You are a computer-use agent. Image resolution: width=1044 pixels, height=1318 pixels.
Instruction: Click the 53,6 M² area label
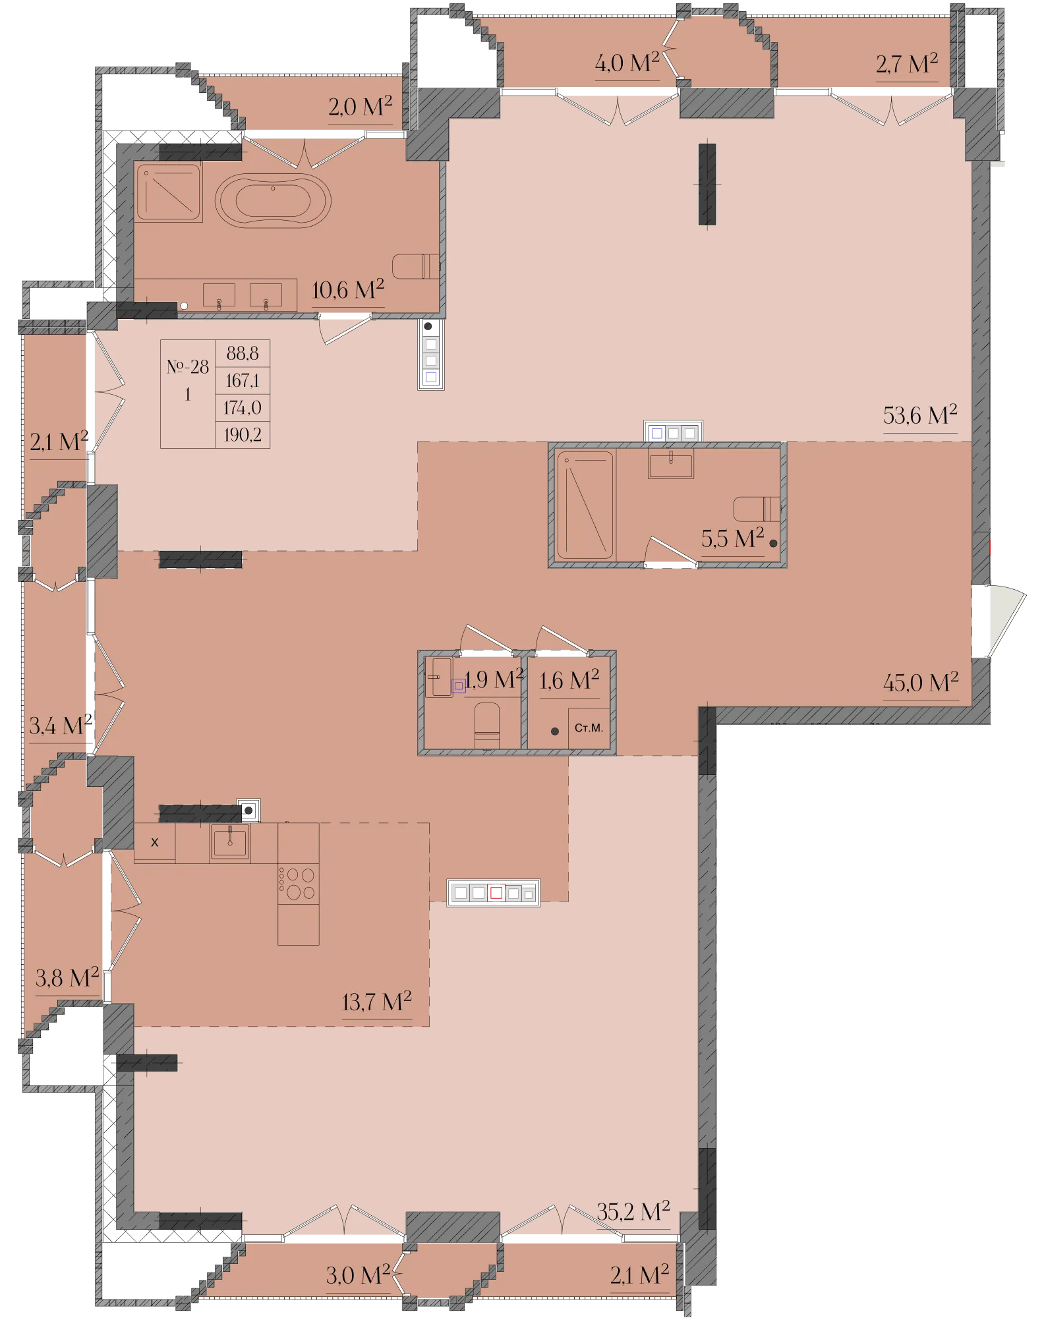click(920, 416)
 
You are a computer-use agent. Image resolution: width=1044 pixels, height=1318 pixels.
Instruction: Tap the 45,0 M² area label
click(921, 683)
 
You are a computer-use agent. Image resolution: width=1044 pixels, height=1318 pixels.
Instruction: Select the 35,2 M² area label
click(633, 1211)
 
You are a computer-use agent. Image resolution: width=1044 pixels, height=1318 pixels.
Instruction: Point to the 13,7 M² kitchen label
click(376, 1002)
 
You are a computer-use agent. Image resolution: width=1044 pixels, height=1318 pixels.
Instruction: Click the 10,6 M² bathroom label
click(348, 289)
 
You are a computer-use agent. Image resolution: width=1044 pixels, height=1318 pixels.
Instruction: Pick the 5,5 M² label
click(732, 538)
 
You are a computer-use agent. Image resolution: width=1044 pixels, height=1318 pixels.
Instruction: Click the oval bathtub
click(273, 200)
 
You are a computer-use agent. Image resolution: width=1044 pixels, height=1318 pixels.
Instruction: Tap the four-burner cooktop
click(299, 884)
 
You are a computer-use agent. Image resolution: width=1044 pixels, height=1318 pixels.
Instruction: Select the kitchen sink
click(230, 842)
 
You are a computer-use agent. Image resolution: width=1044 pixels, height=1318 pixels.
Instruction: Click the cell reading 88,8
click(243, 353)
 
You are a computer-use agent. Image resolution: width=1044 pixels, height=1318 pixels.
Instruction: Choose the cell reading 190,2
click(243, 435)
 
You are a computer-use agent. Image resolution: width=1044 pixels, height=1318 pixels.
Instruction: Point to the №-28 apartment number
click(188, 366)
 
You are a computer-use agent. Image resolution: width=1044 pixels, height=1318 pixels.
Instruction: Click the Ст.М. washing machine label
click(589, 728)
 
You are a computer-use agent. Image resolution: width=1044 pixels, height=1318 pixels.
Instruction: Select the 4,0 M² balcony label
click(627, 63)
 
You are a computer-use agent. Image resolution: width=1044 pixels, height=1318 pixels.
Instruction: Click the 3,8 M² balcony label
click(67, 978)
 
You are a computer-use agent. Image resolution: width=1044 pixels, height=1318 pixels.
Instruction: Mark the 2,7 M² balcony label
click(907, 64)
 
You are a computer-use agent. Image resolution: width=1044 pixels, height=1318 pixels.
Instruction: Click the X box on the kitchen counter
click(155, 842)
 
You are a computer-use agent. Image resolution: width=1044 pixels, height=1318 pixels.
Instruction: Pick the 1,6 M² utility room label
click(569, 680)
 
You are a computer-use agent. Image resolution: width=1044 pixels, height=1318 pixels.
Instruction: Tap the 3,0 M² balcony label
click(359, 1275)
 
